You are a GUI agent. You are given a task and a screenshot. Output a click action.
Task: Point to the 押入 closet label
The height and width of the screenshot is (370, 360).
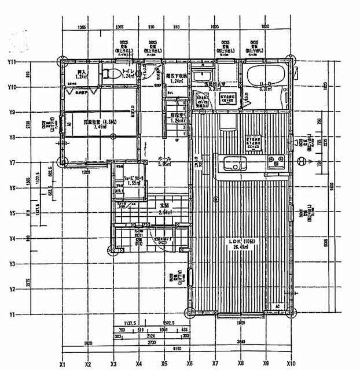coord(82,73)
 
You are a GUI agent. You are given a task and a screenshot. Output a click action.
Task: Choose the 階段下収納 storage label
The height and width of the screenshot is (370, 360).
coord(174,76)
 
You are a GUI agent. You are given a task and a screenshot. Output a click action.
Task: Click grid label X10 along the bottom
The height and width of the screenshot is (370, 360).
coord(292,365)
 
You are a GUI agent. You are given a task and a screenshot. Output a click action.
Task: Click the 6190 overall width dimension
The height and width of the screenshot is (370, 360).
coord(177,349)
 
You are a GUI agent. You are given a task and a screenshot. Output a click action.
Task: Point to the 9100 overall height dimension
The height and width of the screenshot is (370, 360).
coord(331,186)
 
